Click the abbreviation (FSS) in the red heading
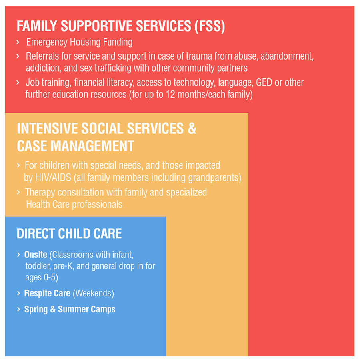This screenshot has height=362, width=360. click(210, 26)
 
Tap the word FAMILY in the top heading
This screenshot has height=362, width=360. click(37, 26)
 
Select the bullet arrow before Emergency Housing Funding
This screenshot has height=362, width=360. click(18, 42)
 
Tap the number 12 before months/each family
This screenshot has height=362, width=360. click(170, 95)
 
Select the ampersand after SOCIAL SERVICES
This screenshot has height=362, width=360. click(192, 129)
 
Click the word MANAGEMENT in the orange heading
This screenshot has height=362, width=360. click(92, 146)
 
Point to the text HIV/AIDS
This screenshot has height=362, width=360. click(53, 178)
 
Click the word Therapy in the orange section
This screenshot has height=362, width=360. click(40, 193)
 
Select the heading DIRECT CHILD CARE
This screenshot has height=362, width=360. click(69, 233)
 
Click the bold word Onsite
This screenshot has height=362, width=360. click(36, 255)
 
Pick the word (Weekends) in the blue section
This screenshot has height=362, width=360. click(93, 294)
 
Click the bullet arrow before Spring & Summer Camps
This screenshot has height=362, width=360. click(19, 309)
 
